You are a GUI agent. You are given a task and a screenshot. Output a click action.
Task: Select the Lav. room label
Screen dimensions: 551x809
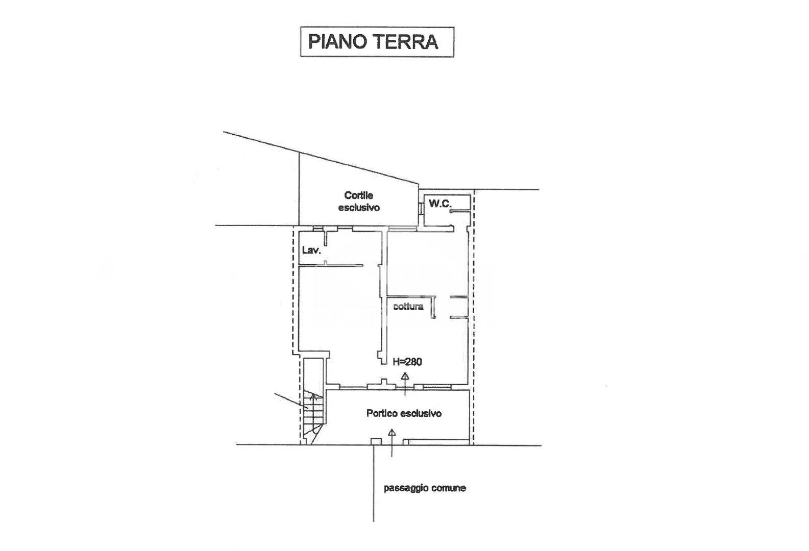(x=311, y=251)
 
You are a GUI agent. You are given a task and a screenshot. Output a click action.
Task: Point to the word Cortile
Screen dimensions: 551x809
(x=359, y=195)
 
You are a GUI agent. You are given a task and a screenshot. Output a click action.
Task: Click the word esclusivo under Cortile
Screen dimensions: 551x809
(x=359, y=208)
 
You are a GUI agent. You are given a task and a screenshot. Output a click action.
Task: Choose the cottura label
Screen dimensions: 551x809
(x=408, y=307)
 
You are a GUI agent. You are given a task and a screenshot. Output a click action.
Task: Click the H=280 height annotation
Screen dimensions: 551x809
(x=407, y=362)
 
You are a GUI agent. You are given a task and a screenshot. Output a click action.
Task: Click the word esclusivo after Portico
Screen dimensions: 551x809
(x=421, y=413)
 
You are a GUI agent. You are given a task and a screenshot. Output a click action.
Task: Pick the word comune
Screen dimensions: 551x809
(x=449, y=488)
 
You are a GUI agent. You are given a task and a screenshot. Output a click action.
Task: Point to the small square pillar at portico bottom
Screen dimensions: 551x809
(x=376, y=442)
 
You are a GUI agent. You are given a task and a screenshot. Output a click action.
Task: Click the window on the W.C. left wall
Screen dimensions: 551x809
(x=421, y=208)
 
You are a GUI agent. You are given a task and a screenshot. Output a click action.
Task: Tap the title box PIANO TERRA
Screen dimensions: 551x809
(x=376, y=42)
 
